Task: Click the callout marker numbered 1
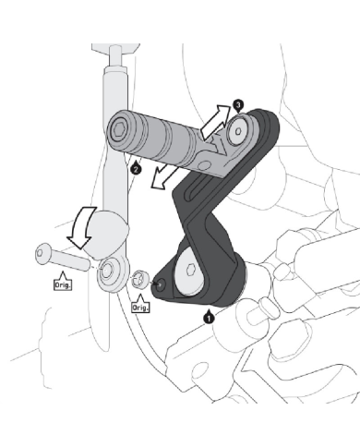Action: (209, 318)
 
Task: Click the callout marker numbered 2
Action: (137, 169)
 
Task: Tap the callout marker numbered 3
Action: (238, 105)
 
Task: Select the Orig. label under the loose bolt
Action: (63, 284)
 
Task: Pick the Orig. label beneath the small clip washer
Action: (140, 308)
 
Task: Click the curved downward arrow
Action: (80, 227)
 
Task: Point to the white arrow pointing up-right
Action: (215, 122)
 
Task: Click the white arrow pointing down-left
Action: (164, 177)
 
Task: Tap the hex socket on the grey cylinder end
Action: (118, 131)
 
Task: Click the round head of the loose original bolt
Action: (42, 253)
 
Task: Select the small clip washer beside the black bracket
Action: (140, 279)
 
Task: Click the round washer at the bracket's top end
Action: (238, 131)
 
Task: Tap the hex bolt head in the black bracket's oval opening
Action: (191, 271)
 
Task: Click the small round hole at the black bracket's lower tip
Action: (161, 284)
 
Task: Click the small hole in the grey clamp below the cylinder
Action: (202, 165)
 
